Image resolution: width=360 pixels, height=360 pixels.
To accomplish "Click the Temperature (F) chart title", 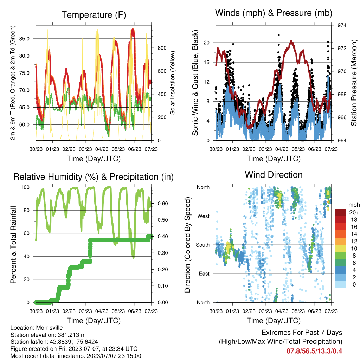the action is [x=94, y=15].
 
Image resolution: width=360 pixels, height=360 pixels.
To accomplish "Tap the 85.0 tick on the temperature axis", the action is [x=24, y=39].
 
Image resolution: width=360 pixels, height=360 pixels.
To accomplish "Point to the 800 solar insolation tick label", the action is [x=162, y=48].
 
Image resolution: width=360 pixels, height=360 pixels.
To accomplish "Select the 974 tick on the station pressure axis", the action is [x=342, y=25].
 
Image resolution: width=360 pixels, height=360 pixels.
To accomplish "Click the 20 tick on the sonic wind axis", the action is [x=206, y=43].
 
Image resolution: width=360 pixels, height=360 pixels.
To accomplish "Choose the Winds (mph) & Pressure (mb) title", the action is [x=274, y=13].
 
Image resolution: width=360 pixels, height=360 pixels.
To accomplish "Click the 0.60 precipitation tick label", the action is [x=163, y=204].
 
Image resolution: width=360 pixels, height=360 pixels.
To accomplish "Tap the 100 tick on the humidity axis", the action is [x=25, y=187].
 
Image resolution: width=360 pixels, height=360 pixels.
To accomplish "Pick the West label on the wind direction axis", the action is [x=203, y=216].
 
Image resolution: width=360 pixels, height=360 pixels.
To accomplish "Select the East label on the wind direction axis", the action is [x=204, y=274].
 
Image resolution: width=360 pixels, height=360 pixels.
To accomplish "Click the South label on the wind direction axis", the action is [x=203, y=245].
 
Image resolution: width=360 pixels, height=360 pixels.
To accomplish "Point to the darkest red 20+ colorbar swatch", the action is [x=340, y=212].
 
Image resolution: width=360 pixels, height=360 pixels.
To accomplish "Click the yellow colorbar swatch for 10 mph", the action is [x=340, y=249].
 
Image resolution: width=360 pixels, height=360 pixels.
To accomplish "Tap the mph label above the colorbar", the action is [x=354, y=205].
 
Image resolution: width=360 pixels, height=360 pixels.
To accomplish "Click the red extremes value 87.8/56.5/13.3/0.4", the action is [x=314, y=351].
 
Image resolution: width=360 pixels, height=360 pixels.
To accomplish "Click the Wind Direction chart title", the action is [x=274, y=175].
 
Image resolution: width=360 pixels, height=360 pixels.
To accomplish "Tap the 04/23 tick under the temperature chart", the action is [x=102, y=149].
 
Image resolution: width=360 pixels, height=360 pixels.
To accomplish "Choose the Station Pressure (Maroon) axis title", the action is [x=354, y=83].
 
